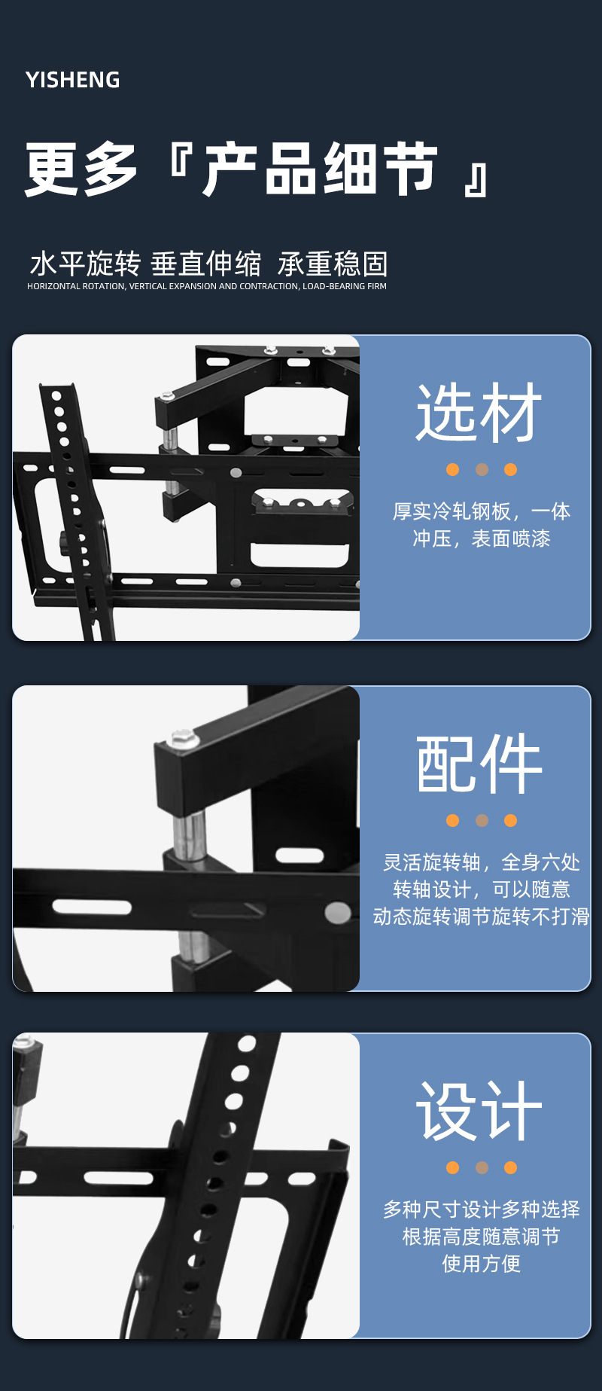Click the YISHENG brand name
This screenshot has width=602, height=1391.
(x=73, y=80)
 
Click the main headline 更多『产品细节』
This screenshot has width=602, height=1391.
(x=257, y=169)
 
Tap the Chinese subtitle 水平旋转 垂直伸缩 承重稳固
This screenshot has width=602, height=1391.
(x=208, y=264)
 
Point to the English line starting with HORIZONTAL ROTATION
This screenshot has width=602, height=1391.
(x=207, y=286)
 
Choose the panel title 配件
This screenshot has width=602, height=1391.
(x=479, y=764)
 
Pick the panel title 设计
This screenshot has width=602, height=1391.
(x=479, y=1111)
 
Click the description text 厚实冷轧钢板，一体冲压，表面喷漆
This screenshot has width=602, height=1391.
(x=482, y=525)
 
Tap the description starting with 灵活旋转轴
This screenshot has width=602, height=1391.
(x=482, y=889)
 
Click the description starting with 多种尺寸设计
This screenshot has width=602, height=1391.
(x=482, y=1237)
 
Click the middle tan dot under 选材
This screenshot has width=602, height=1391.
(x=482, y=469)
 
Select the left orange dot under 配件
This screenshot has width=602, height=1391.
(x=452, y=820)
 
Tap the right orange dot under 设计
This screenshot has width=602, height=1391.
(x=511, y=1167)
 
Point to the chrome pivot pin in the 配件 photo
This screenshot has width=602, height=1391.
(x=190, y=834)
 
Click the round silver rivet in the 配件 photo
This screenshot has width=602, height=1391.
(x=338, y=914)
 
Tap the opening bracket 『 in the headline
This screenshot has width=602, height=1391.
(x=181, y=160)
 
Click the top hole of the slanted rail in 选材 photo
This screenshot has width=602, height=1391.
(x=56, y=395)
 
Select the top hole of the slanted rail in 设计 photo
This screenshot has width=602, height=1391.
(x=247, y=1044)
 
